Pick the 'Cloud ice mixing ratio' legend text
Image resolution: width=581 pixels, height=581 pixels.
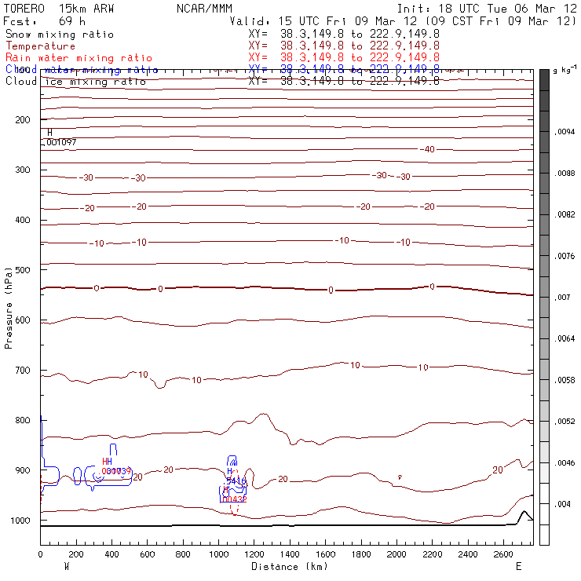[x=75, y=82]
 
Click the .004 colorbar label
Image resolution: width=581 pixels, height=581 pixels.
[x=563, y=504]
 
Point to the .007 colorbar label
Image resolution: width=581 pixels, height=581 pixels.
[x=563, y=298]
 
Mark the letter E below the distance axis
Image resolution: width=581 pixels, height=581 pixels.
[x=518, y=565]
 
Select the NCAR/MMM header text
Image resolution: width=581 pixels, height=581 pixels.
[x=202, y=7]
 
